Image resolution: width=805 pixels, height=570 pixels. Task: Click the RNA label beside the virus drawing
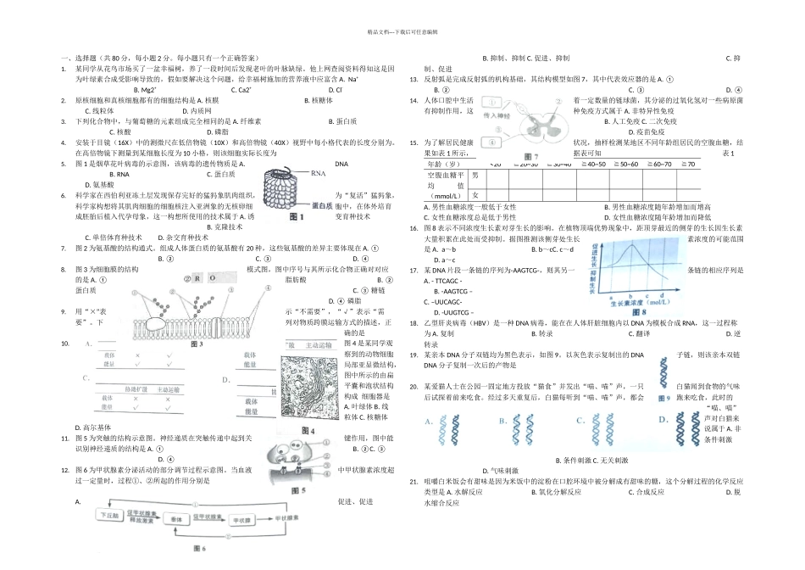(319, 173)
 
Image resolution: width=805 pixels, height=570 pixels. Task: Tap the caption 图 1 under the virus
(297, 218)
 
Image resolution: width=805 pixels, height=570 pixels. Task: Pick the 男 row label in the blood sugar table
(475, 175)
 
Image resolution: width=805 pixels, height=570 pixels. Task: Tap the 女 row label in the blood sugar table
(475, 191)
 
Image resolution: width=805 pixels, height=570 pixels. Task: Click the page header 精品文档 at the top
(402, 31)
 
